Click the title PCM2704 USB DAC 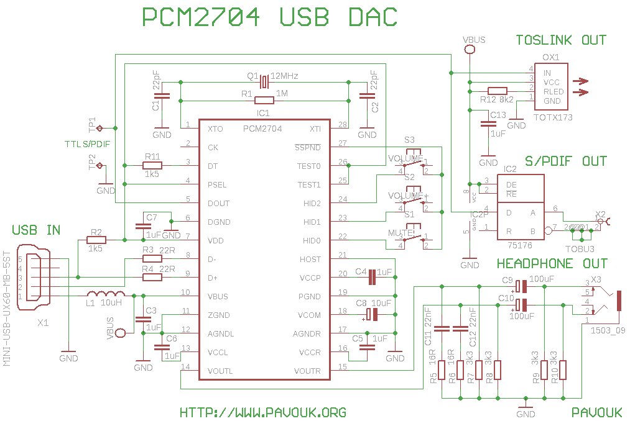269,17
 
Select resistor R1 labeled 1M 264,100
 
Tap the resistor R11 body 152,165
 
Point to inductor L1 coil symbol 106,294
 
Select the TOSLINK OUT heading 560,40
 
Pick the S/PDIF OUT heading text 565,161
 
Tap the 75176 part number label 521,247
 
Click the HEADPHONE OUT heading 552,264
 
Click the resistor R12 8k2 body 498,91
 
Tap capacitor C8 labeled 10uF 372,314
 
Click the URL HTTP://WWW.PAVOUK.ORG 262,412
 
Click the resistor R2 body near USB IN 96,240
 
